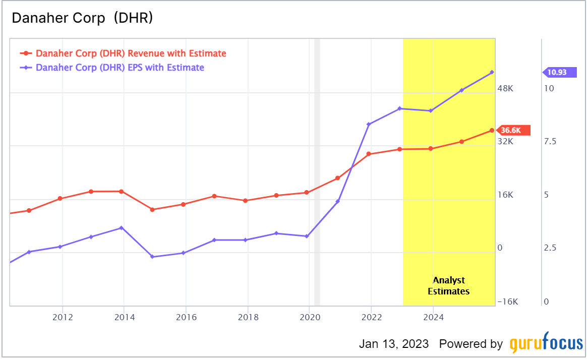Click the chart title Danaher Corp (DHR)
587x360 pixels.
82,18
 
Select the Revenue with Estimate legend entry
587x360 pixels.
131,53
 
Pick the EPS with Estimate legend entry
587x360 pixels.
120,68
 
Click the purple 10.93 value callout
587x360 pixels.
558,72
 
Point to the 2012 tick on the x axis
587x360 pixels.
63,317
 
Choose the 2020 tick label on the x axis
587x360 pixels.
310,317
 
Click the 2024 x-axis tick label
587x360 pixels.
434,317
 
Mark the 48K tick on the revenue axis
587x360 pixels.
505,88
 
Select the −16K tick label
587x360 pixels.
507,302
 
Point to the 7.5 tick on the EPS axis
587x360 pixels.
550,141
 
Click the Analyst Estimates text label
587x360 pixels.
449,286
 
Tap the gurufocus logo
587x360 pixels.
546,344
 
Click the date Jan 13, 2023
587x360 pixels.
394,344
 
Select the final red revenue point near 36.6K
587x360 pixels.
492,131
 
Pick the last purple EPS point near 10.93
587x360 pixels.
492,73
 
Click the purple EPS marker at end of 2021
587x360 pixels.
369,124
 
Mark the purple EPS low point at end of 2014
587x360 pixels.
152,257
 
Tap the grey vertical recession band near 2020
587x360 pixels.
317,171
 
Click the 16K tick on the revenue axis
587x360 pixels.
505,195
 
